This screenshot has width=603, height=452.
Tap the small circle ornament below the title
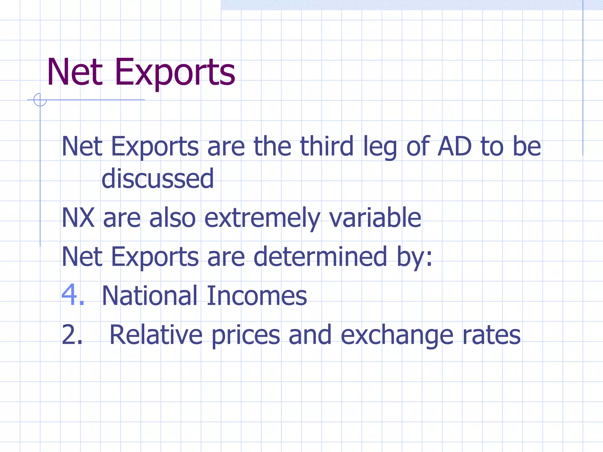40,99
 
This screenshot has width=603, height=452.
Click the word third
327,146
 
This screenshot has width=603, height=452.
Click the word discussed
158,179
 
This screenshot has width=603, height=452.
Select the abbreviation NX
78,218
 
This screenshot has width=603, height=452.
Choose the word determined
320,257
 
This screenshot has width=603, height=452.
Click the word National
149,295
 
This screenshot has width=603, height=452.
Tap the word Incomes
256,295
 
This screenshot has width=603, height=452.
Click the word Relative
156,335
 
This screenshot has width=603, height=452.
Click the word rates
491,335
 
